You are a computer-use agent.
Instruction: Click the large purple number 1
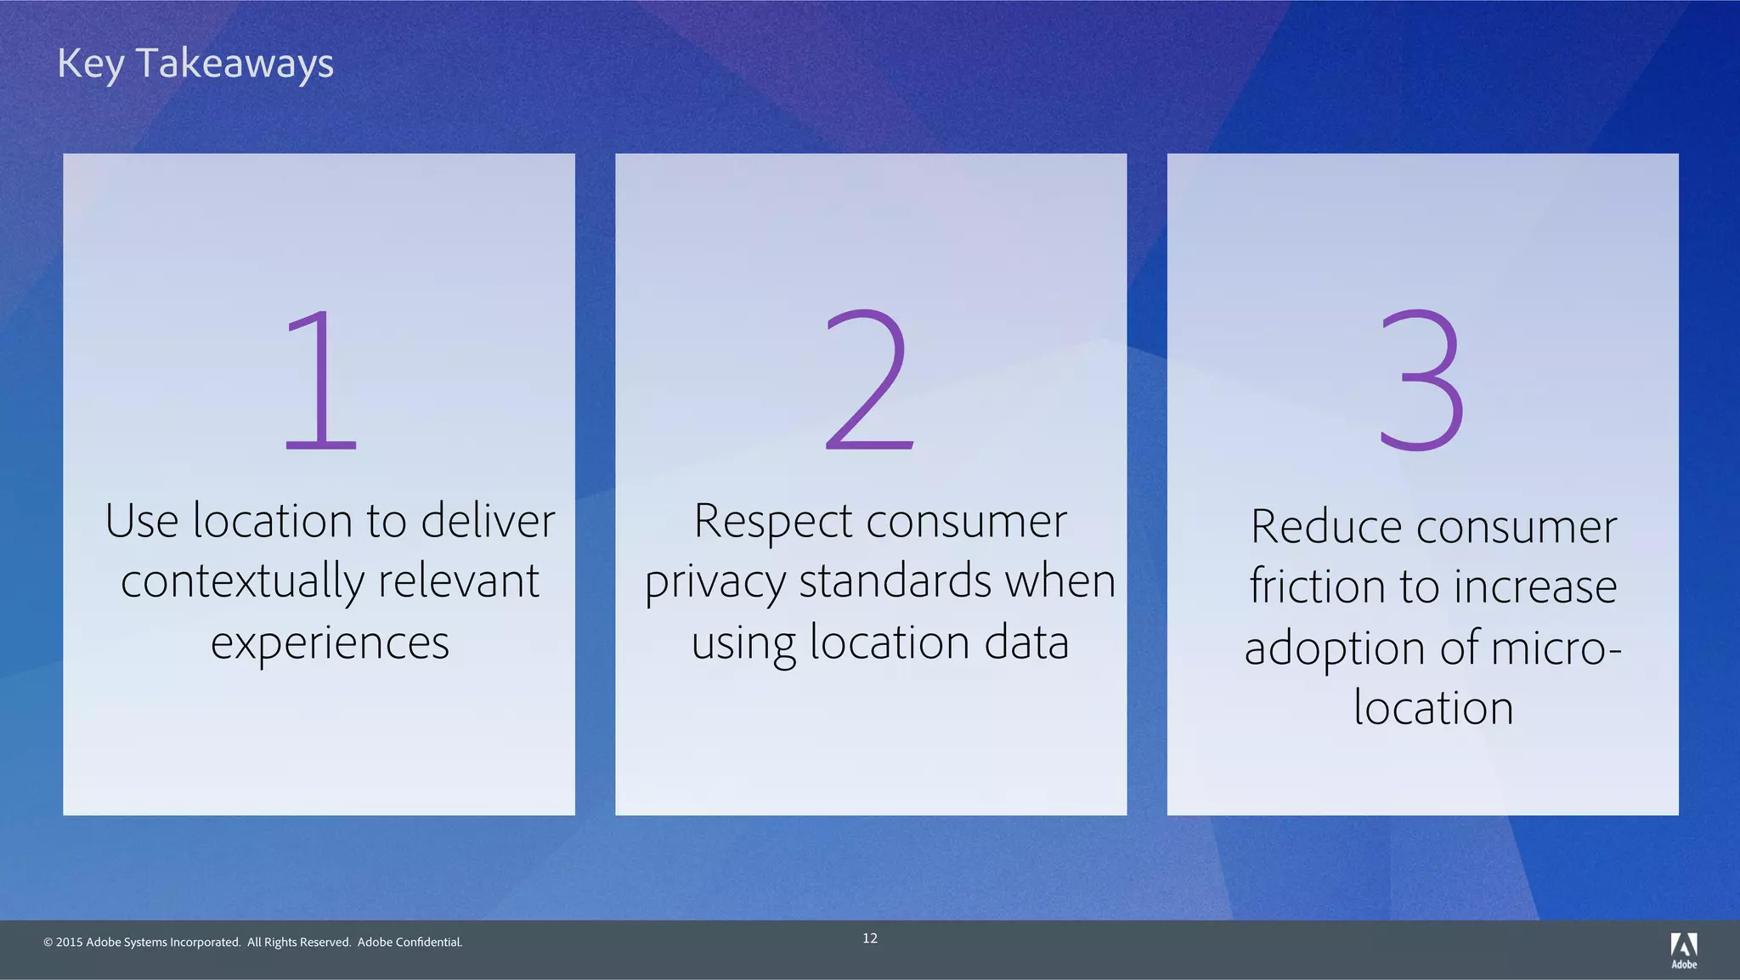[320, 380]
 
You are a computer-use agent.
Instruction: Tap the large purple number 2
[869, 380]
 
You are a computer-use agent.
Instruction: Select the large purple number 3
[1421, 380]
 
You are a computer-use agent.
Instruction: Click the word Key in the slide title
[90, 65]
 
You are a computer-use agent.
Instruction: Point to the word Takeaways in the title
[234, 65]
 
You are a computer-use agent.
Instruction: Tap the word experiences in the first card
[330, 643]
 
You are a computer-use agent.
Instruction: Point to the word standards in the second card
[895, 581]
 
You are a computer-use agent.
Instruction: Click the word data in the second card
[1026, 642]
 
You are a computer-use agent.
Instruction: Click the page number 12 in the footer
[870, 938]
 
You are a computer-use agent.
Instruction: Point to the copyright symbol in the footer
[48, 943]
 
